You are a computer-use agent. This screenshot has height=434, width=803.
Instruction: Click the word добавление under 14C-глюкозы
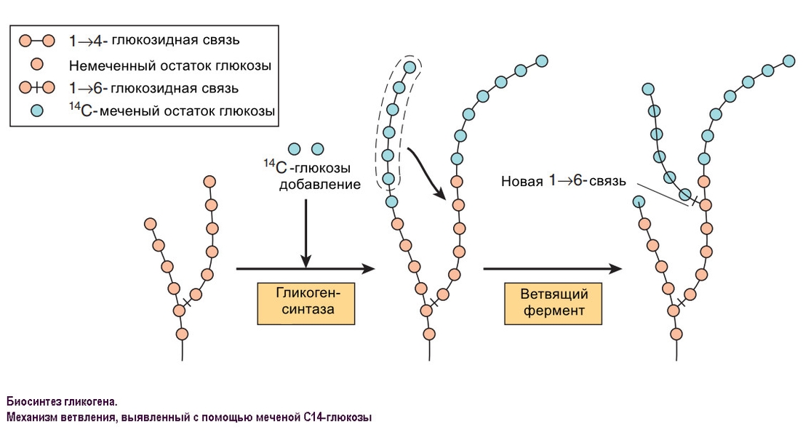(x=319, y=185)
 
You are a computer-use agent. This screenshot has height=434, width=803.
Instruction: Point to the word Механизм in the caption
(x=35, y=417)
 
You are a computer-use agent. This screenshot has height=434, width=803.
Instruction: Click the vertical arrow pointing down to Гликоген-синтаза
(x=305, y=229)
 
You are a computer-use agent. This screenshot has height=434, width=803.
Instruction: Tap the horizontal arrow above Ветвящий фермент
(x=553, y=268)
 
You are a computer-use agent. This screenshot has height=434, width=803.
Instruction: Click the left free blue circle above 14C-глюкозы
(x=294, y=149)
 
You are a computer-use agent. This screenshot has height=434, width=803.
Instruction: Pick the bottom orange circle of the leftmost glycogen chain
(x=181, y=333)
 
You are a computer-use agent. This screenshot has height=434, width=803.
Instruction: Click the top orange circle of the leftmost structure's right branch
(x=210, y=181)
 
